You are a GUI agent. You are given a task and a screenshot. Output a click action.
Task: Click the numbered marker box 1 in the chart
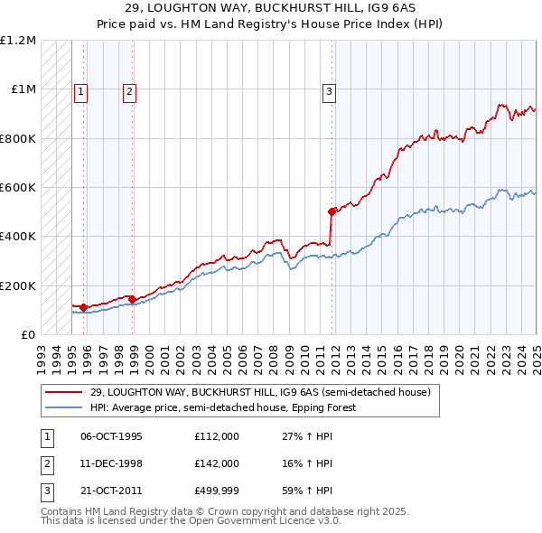pyautogui.click(x=80, y=90)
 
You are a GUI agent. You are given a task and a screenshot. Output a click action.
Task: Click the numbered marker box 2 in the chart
pyautogui.click(x=129, y=90)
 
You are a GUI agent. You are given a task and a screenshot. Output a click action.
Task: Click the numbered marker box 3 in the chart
pyautogui.click(x=329, y=90)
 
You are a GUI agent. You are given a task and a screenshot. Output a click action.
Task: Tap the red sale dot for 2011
pyautogui.click(x=332, y=211)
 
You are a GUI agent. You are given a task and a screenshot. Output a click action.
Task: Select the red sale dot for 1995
pyautogui.click(x=83, y=307)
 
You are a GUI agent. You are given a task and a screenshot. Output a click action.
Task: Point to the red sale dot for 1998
pyautogui.click(x=132, y=299)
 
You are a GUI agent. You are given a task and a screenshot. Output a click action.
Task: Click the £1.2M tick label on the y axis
pyautogui.click(x=18, y=41)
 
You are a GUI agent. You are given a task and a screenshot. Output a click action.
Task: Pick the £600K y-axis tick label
pyautogui.click(x=17, y=188)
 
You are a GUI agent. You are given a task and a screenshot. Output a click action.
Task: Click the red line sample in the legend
pyautogui.click(x=63, y=392)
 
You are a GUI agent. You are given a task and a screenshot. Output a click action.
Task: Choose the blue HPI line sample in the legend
pyautogui.click(x=63, y=407)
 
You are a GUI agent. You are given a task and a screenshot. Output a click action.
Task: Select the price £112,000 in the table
pyautogui.click(x=216, y=436)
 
